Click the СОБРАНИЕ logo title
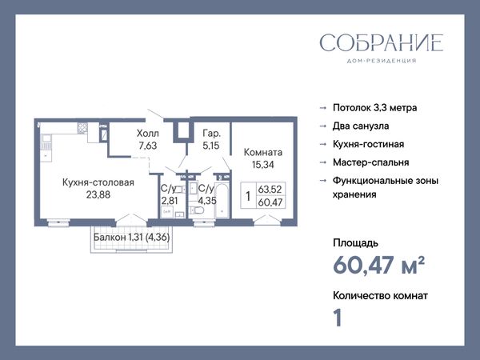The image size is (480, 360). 382,42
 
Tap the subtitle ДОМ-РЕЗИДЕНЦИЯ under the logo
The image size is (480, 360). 382,61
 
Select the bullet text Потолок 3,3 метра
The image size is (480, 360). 374,108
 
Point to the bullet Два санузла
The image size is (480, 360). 361,126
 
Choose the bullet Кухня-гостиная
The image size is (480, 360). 368,144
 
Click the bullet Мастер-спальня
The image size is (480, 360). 370,162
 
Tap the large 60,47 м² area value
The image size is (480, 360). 378,265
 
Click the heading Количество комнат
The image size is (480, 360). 380,296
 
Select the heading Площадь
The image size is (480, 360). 355,243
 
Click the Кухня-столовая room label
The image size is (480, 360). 98,182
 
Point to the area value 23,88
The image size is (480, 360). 98,194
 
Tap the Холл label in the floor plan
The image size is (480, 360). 148,134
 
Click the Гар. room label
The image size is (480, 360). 211,134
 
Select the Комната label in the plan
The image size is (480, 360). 263,153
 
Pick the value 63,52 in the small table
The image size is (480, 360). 270,189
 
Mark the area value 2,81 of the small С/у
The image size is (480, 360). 170,201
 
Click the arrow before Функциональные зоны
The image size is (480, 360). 323,181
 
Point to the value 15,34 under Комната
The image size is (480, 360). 263,165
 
